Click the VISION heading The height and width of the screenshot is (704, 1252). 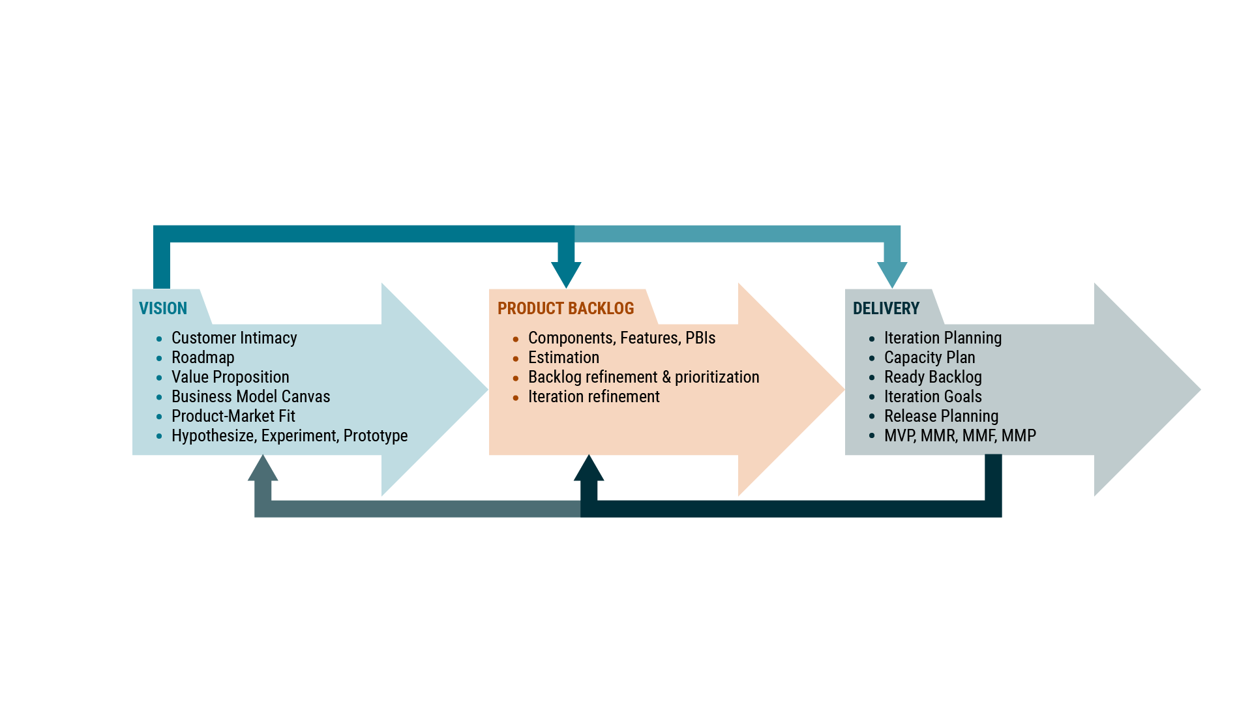[163, 308]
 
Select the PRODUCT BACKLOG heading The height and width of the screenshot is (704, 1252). [565, 308]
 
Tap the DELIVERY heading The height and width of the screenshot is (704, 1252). [886, 308]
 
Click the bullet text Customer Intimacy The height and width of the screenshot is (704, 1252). [234, 338]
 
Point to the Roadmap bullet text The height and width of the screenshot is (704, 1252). [203, 357]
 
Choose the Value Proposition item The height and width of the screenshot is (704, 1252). [230, 377]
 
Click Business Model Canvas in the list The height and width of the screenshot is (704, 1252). [250, 396]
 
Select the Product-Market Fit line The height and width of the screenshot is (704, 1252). [233, 416]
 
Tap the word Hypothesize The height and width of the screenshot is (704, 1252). [213, 435]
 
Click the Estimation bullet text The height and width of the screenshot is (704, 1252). [563, 357]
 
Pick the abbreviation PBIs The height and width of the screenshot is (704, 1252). [700, 338]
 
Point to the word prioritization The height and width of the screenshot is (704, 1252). [717, 377]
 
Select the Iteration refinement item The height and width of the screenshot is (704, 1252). [593, 396]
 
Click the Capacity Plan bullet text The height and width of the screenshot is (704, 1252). [929, 357]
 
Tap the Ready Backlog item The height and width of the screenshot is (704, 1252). [932, 377]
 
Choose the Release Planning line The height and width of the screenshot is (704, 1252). [941, 416]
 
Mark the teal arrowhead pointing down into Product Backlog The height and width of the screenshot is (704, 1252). [566, 274]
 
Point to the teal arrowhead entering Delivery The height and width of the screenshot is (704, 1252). [892, 274]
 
